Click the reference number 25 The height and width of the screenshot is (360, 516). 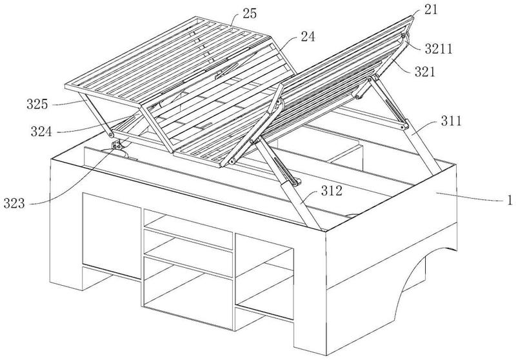click(250, 14)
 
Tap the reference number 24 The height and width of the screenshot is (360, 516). click(308, 37)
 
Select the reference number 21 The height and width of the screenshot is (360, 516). click(431, 10)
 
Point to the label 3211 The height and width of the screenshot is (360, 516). click(439, 48)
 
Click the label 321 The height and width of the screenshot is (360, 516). click(425, 72)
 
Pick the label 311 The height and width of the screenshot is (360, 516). click(451, 121)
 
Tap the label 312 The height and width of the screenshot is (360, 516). click(332, 191)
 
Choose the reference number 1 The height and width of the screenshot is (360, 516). click(510, 200)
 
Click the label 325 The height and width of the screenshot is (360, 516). click(37, 105)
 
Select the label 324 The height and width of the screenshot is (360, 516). click(41, 132)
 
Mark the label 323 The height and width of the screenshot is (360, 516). click(14, 203)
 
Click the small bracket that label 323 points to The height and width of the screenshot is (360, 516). click(115, 145)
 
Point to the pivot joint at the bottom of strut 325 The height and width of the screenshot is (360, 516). click(111, 135)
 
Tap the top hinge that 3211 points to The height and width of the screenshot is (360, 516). click(405, 37)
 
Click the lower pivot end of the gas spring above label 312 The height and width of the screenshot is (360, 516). click(297, 182)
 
